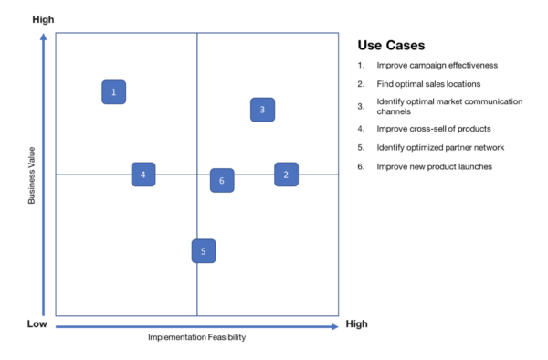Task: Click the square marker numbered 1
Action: click(113, 92)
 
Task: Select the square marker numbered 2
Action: click(286, 175)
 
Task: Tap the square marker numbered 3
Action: click(262, 110)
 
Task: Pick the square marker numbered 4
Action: click(143, 175)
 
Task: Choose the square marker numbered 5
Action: click(204, 251)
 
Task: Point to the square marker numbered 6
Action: click(222, 181)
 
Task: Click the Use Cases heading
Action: click(391, 45)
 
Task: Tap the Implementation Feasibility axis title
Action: click(196, 337)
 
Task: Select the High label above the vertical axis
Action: click(43, 19)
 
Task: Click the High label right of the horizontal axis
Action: click(356, 324)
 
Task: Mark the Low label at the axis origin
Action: click(37, 324)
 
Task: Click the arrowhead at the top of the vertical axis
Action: click(43, 37)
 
